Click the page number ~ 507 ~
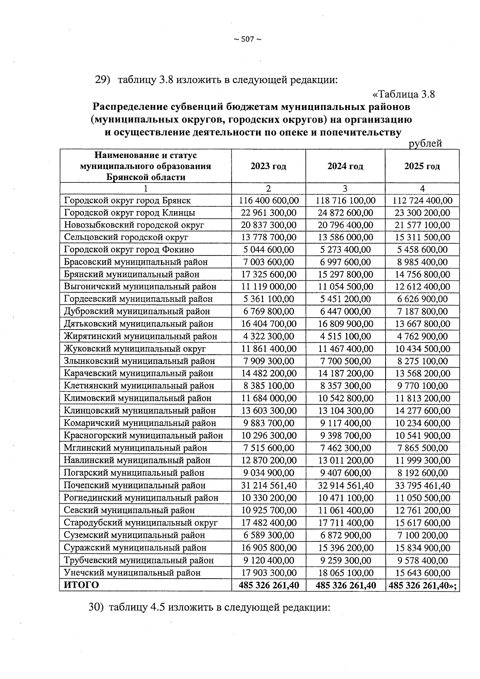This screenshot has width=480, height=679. (247, 39)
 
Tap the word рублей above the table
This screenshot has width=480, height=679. (425, 144)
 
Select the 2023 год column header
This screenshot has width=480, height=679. (268, 166)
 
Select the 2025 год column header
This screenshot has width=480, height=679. (422, 166)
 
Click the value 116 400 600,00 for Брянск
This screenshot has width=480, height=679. (268, 200)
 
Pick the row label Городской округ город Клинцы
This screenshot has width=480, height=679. (130, 213)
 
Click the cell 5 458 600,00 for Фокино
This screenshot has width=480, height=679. (422, 250)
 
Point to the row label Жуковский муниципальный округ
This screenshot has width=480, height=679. (134, 349)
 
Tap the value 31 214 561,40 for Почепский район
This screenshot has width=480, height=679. (268, 485)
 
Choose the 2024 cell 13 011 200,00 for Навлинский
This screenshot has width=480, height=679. (345, 461)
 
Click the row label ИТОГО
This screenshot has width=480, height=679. (81, 585)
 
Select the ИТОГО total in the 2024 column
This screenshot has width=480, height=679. (345, 585)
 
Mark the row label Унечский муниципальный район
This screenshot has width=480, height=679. (132, 573)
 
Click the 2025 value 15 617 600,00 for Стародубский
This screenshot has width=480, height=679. (422, 523)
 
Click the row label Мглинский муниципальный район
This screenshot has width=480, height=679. (135, 448)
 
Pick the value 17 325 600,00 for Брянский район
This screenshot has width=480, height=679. (268, 275)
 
